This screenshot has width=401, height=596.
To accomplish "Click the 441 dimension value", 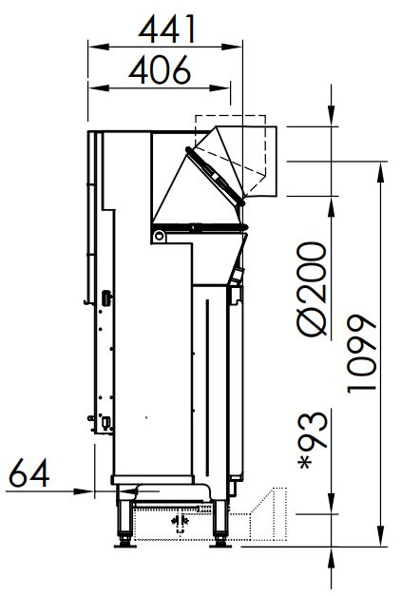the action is click(x=167, y=29).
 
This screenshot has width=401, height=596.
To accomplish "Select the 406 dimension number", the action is click(x=160, y=70).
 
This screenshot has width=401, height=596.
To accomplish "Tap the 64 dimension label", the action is click(x=29, y=472).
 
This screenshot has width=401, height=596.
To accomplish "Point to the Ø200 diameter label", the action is click(x=313, y=289).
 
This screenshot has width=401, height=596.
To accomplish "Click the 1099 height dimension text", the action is click(x=361, y=354).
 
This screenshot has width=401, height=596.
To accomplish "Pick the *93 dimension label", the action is click(x=313, y=440).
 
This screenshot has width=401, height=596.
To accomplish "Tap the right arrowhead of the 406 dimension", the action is click(x=220, y=88).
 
